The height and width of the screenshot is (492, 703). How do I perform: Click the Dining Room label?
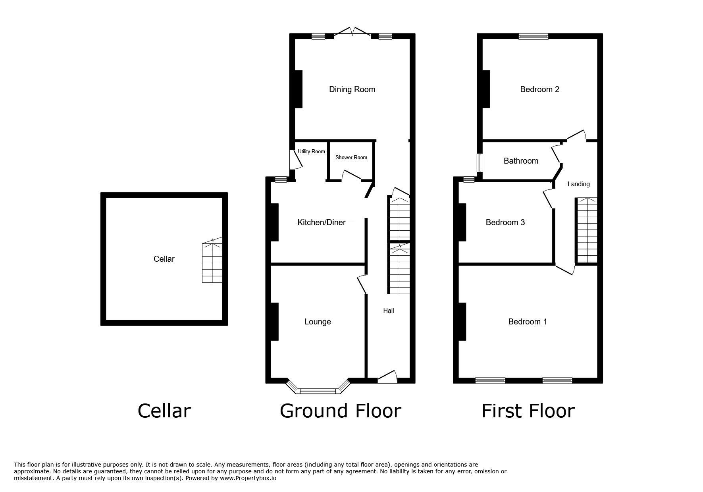pyautogui.click(x=352, y=89)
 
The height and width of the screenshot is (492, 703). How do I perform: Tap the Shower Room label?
pyautogui.click(x=351, y=158)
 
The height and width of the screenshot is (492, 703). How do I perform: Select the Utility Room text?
pyautogui.click(x=312, y=152)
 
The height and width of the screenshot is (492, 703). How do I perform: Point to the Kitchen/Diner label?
pyautogui.click(x=322, y=222)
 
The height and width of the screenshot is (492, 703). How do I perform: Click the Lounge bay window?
pyautogui.click(x=318, y=391)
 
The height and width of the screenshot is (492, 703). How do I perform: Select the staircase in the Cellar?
pyautogui.click(x=212, y=262)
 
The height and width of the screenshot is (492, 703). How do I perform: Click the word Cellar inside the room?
pyautogui.click(x=164, y=259)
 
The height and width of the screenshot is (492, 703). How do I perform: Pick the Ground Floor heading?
pyautogui.click(x=340, y=411)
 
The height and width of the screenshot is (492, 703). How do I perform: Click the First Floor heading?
pyautogui.click(x=528, y=411)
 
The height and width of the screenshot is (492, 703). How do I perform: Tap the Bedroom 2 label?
pyautogui.click(x=539, y=89)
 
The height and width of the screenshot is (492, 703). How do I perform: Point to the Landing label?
pyautogui.click(x=578, y=184)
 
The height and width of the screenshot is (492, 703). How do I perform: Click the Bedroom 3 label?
pyautogui.click(x=505, y=222)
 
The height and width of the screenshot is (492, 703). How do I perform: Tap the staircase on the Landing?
pyautogui.click(x=587, y=230)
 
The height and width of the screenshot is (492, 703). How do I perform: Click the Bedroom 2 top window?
pyautogui.click(x=533, y=36)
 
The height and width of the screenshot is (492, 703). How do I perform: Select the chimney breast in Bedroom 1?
pyautogui.click(x=462, y=322)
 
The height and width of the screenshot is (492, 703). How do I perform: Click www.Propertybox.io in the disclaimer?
pyautogui.click(x=248, y=478)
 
